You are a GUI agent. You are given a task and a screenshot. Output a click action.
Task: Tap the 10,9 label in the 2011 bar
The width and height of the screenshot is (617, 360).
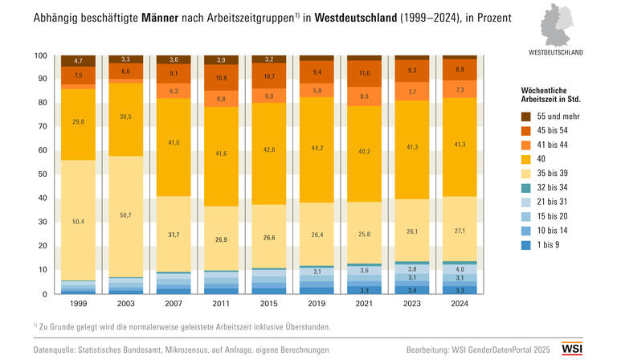pos(221,78)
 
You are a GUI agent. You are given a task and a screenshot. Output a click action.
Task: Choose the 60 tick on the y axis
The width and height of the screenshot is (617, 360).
pos(42,151)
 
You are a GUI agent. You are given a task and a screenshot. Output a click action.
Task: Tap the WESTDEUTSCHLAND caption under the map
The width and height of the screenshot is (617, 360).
pos(556,52)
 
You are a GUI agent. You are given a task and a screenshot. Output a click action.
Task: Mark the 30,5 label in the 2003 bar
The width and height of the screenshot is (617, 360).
pos(126,117)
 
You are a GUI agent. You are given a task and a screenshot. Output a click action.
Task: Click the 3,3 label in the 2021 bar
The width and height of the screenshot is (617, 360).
pos(364,289)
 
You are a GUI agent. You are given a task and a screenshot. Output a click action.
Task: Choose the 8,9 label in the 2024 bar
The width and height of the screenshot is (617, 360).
pos(460,70)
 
